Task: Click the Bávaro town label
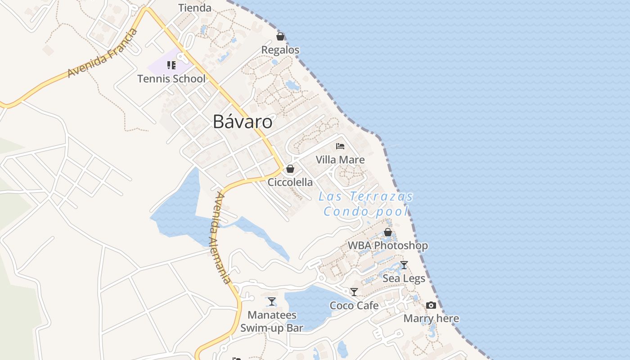click(243, 121)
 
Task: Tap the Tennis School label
click(171, 79)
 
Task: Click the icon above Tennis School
click(171, 66)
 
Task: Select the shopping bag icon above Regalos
click(280, 36)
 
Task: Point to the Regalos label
click(280, 49)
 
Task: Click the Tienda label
click(195, 8)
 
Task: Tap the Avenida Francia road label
click(102, 53)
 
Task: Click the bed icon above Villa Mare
click(340, 146)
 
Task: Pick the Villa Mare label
click(340, 160)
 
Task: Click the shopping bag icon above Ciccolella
click(290, 169)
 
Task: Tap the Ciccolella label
click(290, 182)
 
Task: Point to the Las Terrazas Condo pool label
click(366, 204)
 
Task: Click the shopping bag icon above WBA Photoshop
click(388, 233)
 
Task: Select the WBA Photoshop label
click(388, 246)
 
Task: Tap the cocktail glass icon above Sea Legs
click(404, 265)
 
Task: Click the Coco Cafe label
click(354, 306)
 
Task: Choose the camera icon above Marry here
click(431, 306)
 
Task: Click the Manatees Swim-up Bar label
click(272, 321)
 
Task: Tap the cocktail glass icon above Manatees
click(272, 301)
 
